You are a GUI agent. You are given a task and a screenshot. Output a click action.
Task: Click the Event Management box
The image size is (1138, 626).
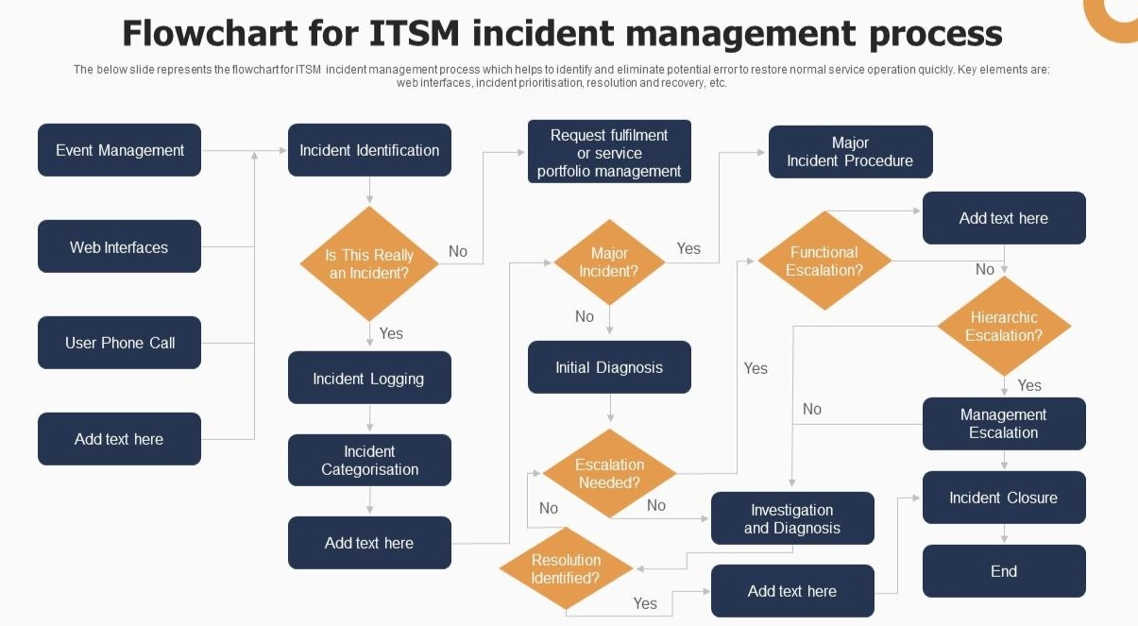click(x=119, y=150)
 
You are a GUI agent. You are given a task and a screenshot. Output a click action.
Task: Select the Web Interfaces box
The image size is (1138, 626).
click(x=119, y=247)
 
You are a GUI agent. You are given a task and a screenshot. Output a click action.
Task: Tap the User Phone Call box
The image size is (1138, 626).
click(x=119, y=343)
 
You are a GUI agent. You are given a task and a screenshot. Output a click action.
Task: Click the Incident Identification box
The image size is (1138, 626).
click(x=369, y=150)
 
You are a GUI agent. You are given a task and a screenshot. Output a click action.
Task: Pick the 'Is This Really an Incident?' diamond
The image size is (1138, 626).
click(x=369, y=264)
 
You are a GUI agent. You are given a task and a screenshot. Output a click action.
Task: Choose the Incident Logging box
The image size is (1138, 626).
click(x=369, y=379)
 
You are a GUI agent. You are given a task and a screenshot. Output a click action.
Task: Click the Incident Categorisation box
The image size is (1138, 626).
click(x=369, y=460)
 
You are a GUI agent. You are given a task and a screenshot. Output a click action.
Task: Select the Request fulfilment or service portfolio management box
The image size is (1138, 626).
click(x=609, y=152)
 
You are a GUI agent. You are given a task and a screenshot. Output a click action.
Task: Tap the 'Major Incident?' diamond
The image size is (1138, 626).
click(x=609, y=262)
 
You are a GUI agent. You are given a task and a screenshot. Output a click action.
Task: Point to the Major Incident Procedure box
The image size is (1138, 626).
click(x=850, y=152)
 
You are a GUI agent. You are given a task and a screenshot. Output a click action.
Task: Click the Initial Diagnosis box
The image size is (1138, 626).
click(x=609, y=367)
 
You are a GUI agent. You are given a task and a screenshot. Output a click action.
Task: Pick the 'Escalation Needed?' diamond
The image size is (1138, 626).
click(x=609, y=473)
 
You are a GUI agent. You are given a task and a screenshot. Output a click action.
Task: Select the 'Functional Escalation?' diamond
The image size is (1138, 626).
click(x=824, y=261)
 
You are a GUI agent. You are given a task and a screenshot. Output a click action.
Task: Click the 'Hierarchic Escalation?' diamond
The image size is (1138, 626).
click(x=1004, y=327)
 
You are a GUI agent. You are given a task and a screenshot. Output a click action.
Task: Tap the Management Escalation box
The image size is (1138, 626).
click(x=1004, y=424)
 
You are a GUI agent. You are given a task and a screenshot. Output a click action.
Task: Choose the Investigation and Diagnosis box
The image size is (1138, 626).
click(x=792, y=518)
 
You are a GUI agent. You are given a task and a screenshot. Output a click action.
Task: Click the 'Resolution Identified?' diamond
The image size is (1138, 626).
click(x=566, y=568)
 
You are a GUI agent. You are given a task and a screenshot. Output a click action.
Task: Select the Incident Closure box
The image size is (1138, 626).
click(x=1004, y=498)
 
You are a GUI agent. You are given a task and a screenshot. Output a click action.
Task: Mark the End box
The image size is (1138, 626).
click(x=1004, y=571)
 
